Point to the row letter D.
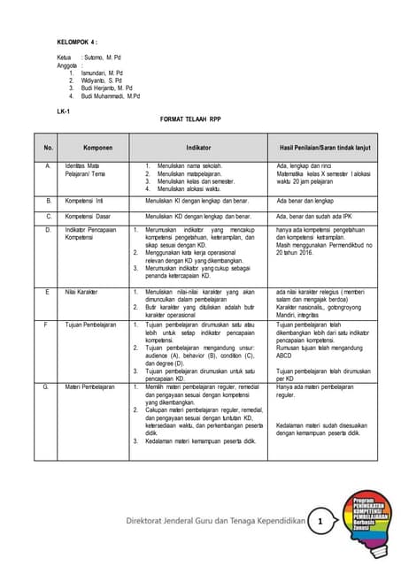(48, 229)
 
